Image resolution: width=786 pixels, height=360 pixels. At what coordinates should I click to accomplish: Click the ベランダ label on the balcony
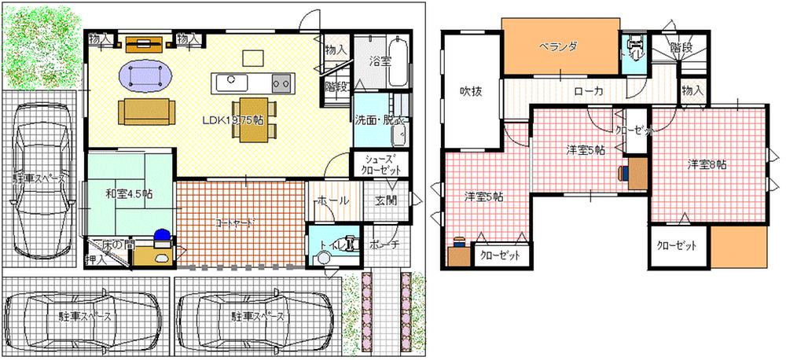pos(558,46)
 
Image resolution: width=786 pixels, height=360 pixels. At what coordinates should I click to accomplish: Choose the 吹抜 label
pos(471,90)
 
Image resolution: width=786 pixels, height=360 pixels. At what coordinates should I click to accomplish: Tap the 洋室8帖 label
pos(707,164)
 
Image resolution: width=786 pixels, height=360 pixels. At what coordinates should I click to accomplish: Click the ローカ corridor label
pos(589,91)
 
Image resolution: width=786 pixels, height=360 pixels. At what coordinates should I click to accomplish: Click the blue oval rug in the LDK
pos(147,77)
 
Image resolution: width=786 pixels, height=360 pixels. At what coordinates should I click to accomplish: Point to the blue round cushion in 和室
pos(161,234)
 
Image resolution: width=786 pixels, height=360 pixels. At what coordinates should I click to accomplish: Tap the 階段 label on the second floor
pos(681,47)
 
